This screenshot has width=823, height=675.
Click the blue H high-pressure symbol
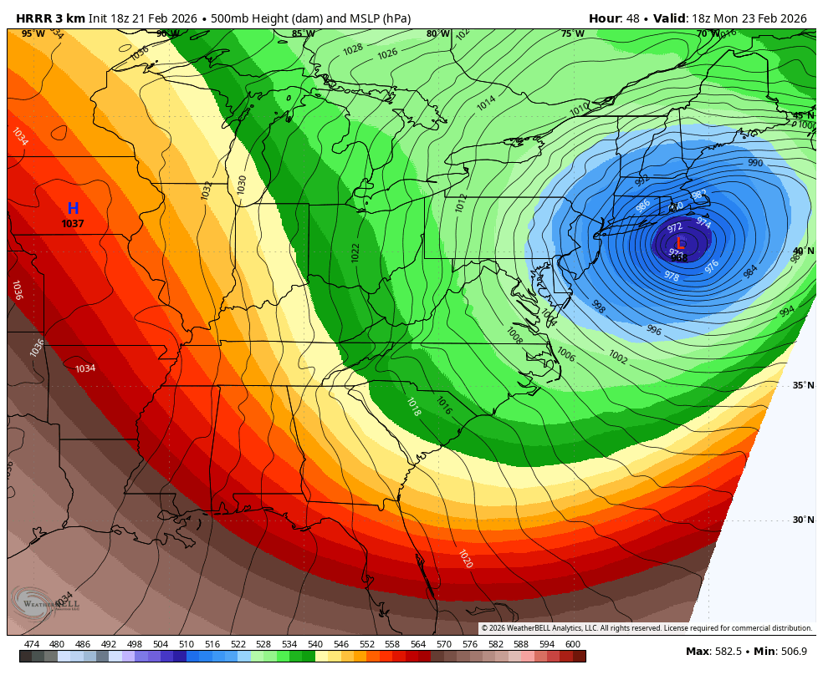[x=73, y=209]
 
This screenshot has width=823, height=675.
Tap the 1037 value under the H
[x=73, y=224]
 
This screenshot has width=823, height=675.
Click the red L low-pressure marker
[x=680, y=243]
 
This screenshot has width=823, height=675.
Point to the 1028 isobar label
[x=353, y=49]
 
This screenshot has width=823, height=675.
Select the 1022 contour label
[x=355, y=252]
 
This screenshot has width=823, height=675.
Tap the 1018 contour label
[x=413, y=407]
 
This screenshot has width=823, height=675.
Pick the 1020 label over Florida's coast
[x=465, y=559]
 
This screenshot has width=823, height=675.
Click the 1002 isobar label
[x=617, y=358]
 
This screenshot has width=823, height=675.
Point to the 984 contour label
[x=750, y=271]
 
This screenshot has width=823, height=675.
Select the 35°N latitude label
[x=803, y=385]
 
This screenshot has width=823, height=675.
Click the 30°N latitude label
[x=803, y=520]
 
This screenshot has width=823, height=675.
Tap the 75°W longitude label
[x=572, y=34]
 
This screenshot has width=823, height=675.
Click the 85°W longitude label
[x=303, y=34]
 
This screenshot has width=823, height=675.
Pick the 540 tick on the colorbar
[x=315, y=644]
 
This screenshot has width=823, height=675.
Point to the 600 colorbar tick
[x=572, y=644]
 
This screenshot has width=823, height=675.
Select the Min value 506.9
[x=790, y=652]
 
